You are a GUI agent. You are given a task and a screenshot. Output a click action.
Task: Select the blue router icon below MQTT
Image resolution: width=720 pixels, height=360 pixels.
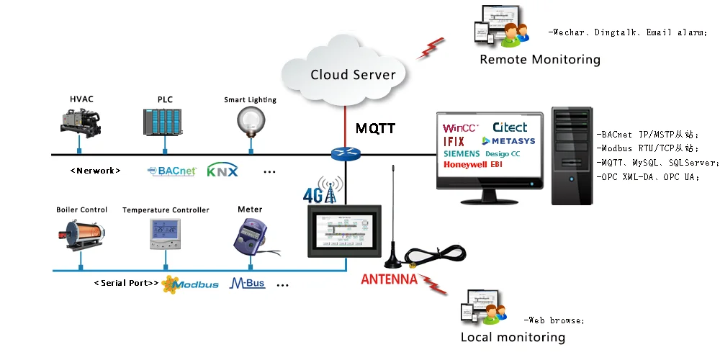pyautogui.click(x=345, y=154)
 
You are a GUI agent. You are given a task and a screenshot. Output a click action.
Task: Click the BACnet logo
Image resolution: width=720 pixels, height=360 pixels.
pyautogui.click(x=171, y=171)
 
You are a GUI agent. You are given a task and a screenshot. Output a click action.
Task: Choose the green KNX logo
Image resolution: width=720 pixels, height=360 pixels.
pyautogui.click(x=222, y=171)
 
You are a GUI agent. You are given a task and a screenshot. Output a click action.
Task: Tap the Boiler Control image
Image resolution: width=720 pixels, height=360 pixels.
pyautogui.click(x=81, y=235)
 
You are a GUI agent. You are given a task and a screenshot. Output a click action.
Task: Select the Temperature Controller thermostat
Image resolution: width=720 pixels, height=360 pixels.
pyautogui.click(x=165, y=234)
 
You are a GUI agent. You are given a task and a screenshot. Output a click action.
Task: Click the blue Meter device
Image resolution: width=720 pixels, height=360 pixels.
pyautogui.click(x=250, y=234)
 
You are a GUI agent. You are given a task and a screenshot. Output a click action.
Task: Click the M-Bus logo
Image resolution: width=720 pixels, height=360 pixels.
pyautogui.click(x=247, y=284)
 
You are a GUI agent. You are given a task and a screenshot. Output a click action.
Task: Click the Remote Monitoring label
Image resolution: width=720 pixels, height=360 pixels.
pyautogui.click(x=539, y=60)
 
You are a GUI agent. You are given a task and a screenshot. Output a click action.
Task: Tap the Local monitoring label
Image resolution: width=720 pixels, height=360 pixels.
pyautogui.click(x=512, y=337)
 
